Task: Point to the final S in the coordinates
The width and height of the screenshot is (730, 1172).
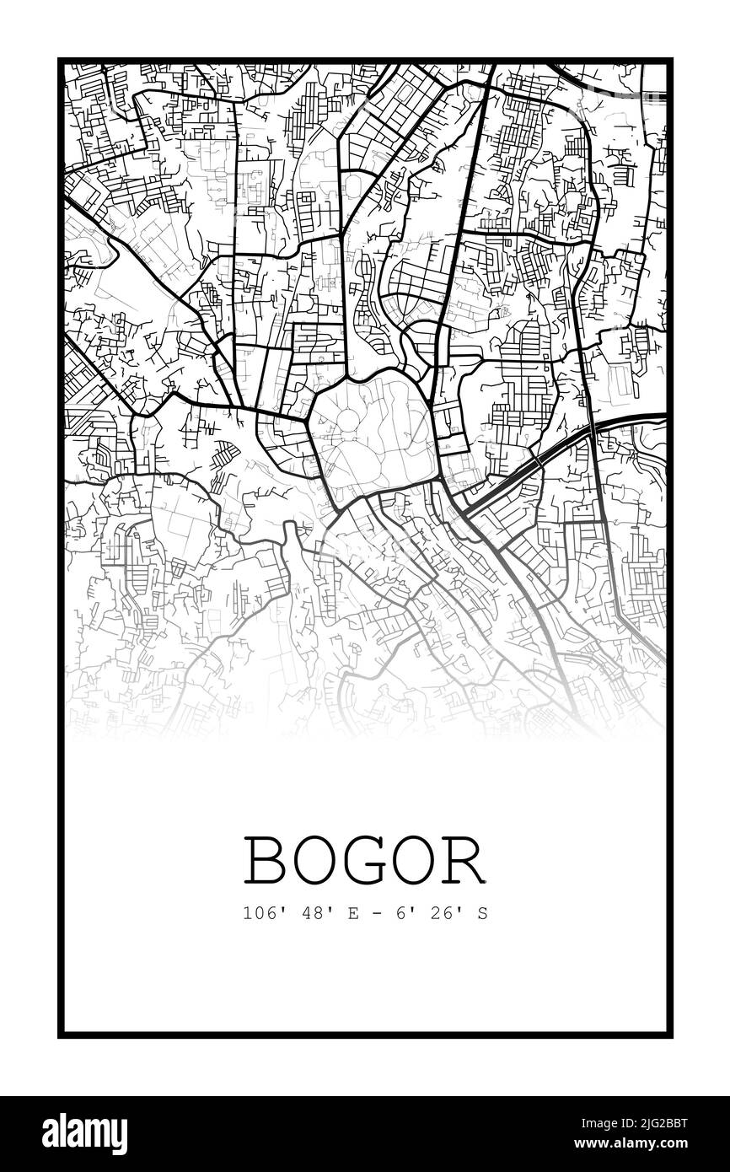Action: coord(482,913)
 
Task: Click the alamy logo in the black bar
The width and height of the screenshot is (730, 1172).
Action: coord(77,1133)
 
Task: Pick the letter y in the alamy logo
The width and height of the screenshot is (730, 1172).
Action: coord(118,1137)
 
